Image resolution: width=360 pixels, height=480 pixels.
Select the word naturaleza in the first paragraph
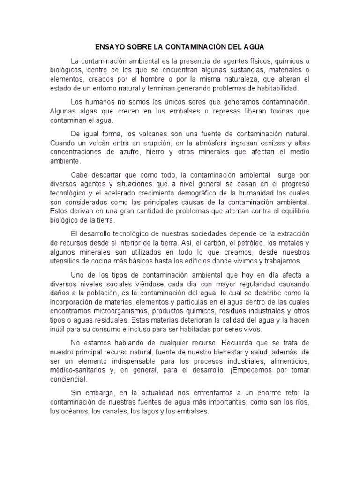click(x=241, y=79)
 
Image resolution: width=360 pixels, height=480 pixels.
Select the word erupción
click(x=156, y=142)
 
